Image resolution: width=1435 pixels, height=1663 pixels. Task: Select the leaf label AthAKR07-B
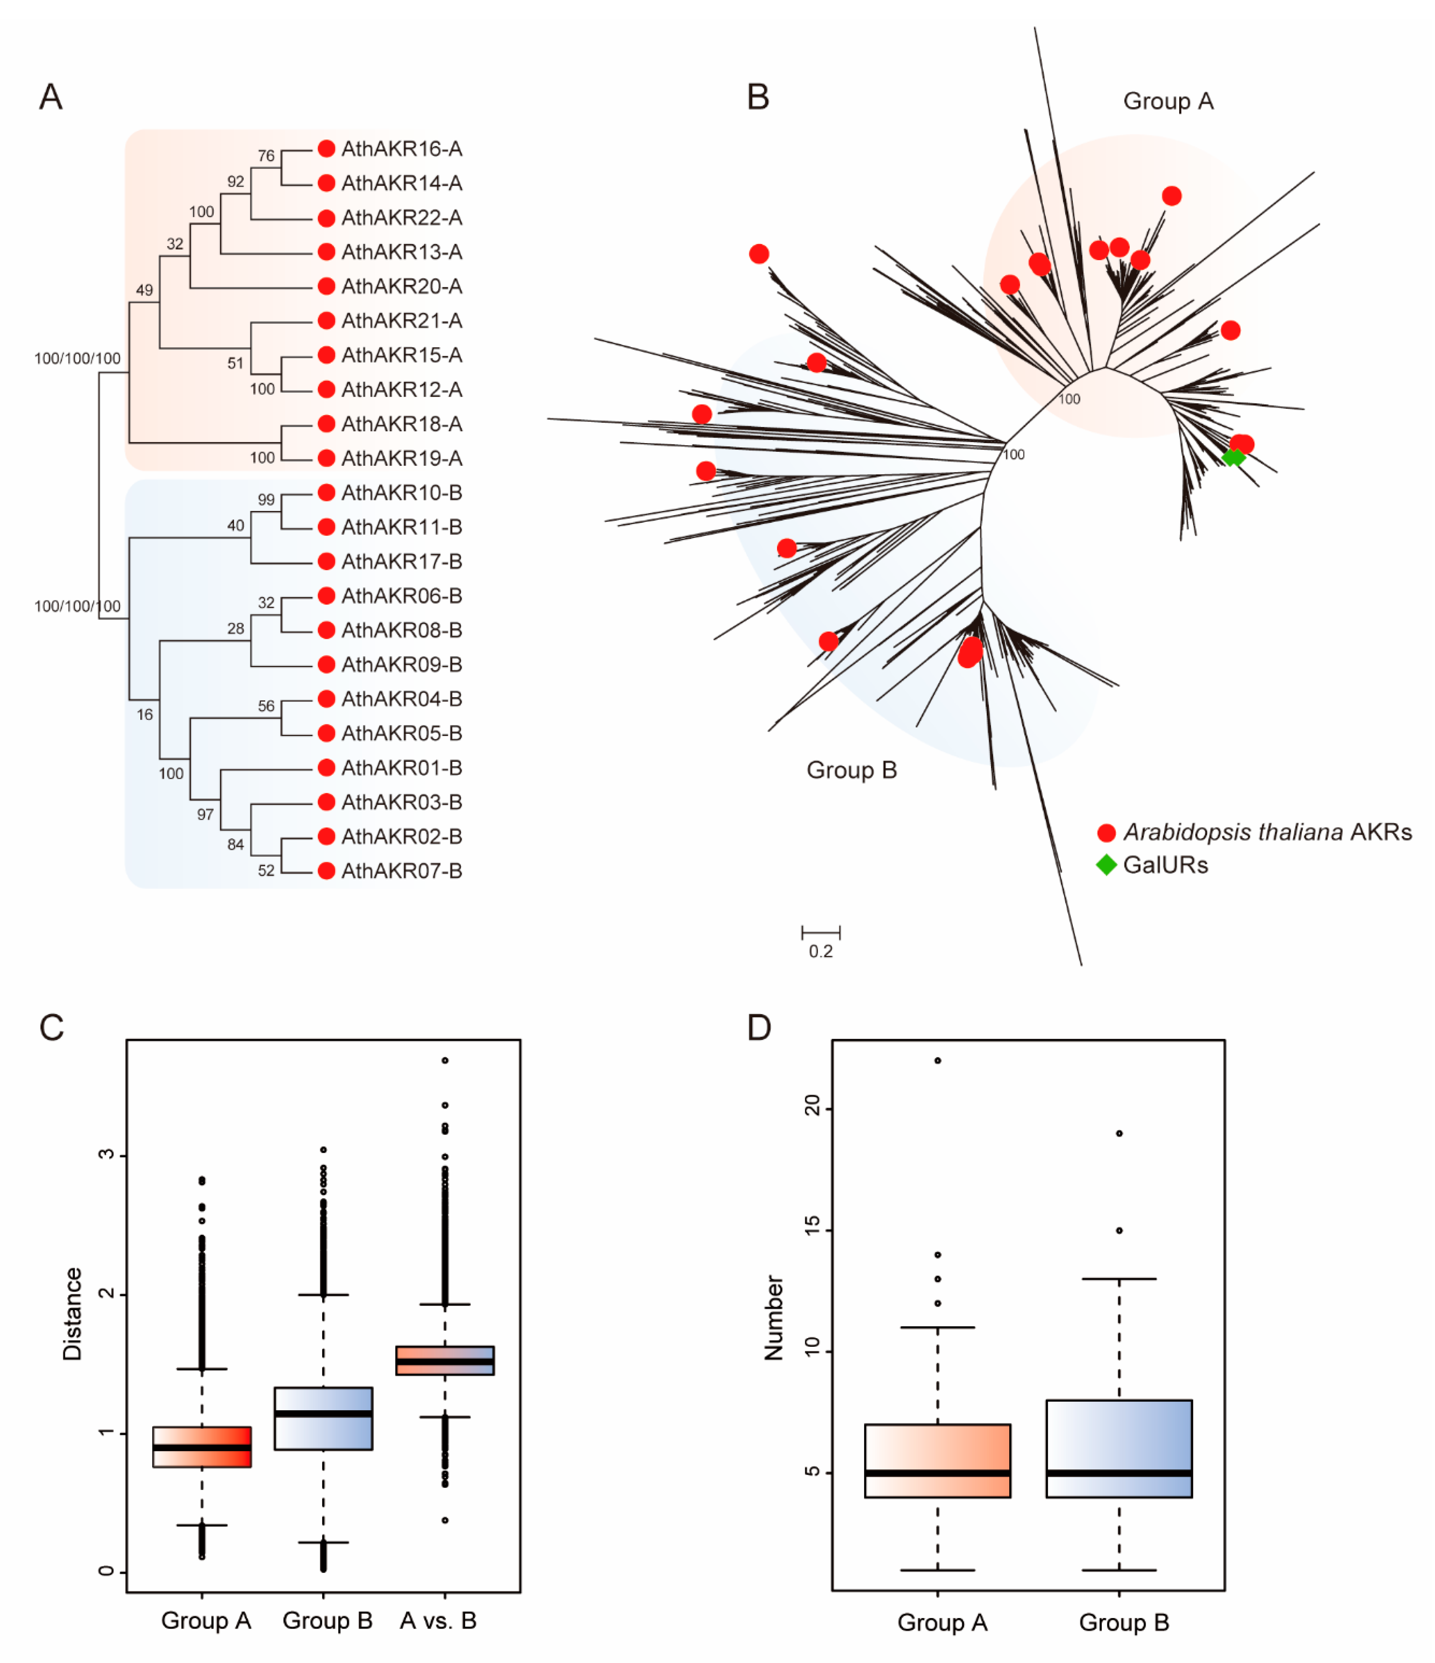pos(401,871)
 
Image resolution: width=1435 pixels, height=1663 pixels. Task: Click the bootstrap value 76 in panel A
pos(266,156)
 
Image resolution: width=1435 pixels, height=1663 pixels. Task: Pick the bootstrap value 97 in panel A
pos(205,815)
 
